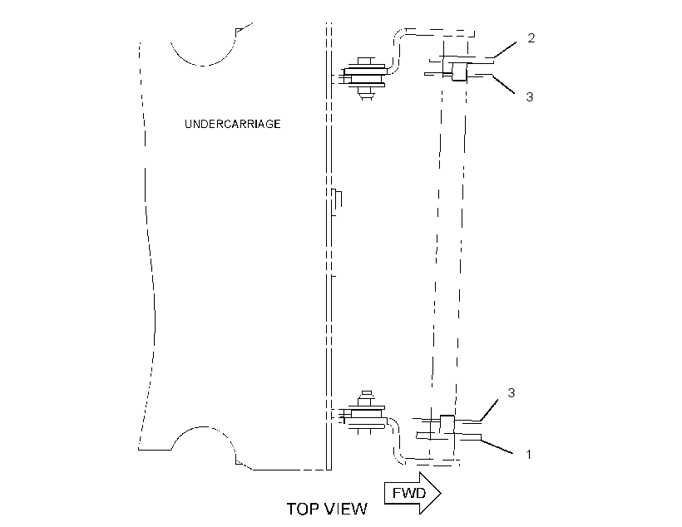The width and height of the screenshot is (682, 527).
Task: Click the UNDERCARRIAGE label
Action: point(233,124)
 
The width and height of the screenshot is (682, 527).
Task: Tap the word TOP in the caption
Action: point(304,509)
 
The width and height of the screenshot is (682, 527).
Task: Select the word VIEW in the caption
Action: point(346,509)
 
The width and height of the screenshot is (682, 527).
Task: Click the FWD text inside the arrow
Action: point(409,493)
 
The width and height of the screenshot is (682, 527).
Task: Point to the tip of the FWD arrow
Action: point(441,493)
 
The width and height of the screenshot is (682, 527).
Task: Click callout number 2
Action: point(531,38)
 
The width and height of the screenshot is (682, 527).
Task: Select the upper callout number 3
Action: point(529,97)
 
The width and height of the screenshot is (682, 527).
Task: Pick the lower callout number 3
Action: point(511,393)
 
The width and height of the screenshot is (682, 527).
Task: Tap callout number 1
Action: point(528,455)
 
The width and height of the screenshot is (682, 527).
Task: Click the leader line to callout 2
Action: point(505,50)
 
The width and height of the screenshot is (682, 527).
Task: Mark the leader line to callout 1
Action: point(497,447)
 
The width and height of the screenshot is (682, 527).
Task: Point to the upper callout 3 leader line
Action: point(503,84)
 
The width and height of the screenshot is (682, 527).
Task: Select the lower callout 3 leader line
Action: point(489,411)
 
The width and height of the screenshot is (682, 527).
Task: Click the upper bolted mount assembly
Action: point(364,78)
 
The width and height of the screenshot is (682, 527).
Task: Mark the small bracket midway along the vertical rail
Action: point(337,202)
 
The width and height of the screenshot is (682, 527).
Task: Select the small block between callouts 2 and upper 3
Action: point(459,71)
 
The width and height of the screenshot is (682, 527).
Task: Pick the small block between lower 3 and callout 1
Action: point(447,425)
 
